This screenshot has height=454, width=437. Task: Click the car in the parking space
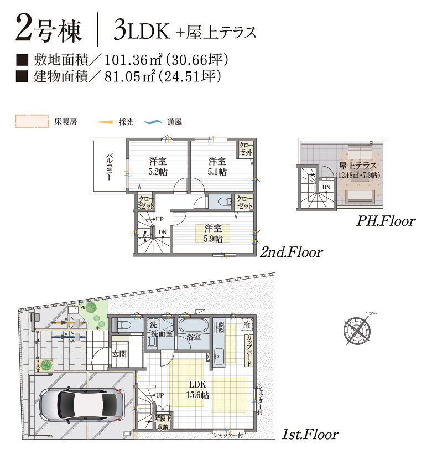click(x=82, y=404)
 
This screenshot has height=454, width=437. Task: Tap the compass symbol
click(x=357, y=329)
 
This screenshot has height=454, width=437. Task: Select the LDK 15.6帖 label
click(x=197, y=390)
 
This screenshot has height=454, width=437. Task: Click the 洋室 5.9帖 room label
click(x=213, y=234)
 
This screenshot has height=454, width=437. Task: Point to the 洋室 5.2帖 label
click(x=158, y=167)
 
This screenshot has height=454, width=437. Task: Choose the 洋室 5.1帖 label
click(x=217, y=167)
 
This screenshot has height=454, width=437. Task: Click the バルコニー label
click(x=109, y=167)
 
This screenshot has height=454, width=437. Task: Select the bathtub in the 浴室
click(x=194, y=325)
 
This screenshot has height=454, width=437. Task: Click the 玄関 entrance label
click(x=119, y=354)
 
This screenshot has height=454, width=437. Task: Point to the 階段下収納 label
click(x=163, y=422)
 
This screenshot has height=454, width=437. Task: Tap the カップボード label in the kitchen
click(x=248, y=350)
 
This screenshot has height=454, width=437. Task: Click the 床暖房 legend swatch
click(x=32, y=121)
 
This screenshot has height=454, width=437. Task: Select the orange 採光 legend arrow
click(x=104, y=122)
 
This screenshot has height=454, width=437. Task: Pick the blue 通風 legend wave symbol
click(x=153, y=122)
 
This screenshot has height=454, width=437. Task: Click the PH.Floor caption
click(x=386, y=221)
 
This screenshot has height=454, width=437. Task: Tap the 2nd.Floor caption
click(x=291, y=252)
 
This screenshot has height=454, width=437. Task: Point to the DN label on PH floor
click(x=326, y=187)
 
